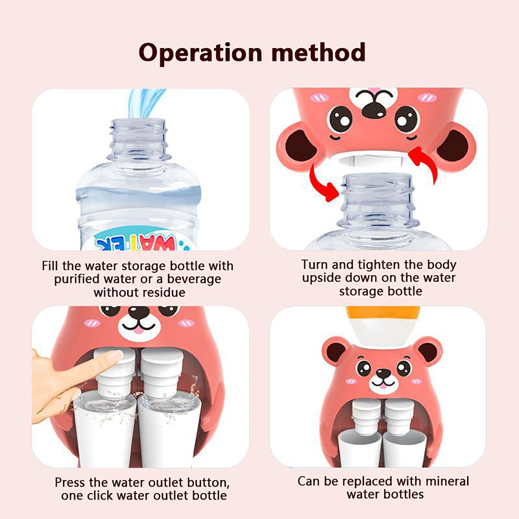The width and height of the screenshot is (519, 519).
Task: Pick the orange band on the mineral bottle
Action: click(x=383, y=313)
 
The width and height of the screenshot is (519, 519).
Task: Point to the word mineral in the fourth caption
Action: click(x=447, y=481)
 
